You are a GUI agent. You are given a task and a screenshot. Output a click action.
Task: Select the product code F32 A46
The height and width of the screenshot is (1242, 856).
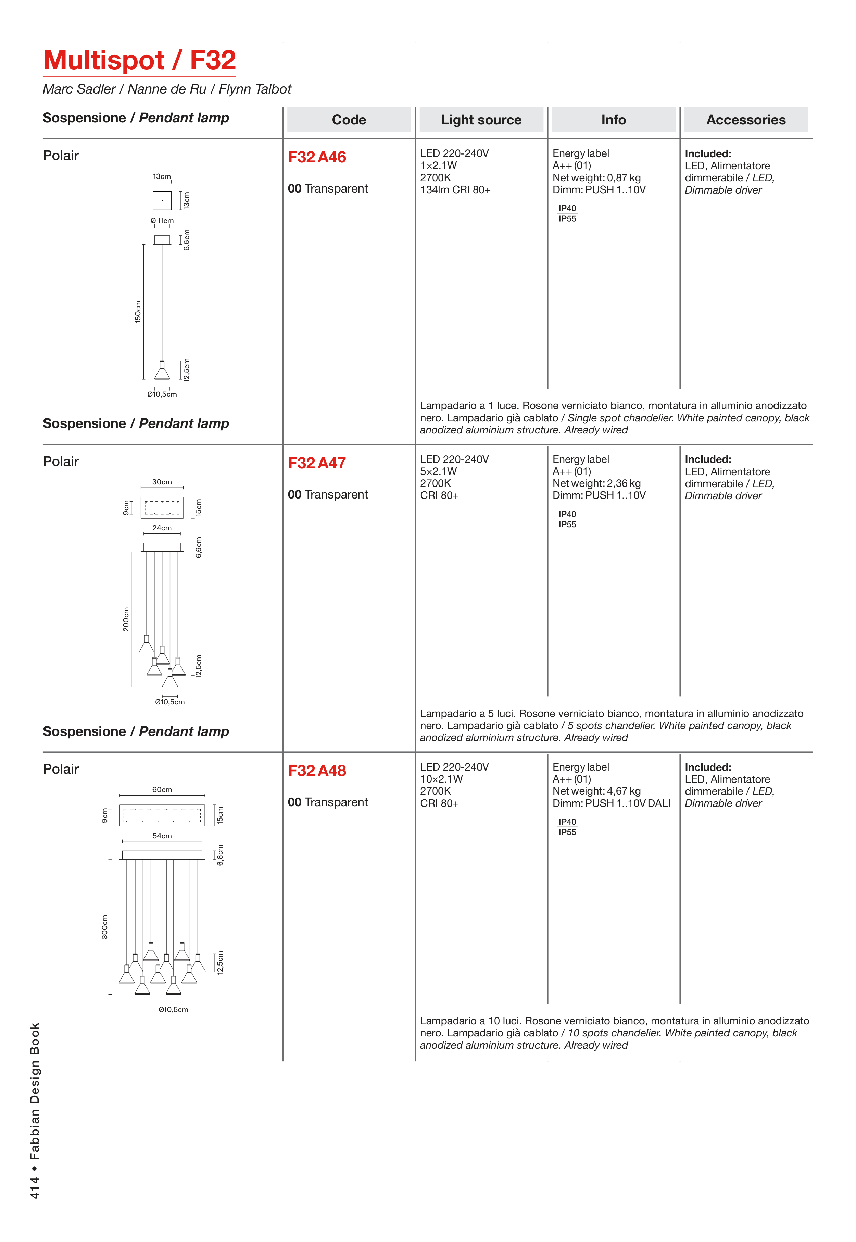pyautogui.click(x=317, y=157)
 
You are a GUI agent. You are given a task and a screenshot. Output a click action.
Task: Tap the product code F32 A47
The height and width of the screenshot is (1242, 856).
pyautogui.click(x=317, y=463)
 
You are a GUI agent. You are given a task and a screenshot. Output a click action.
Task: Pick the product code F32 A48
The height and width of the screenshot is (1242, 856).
pyautogui.click(x=317, y=771)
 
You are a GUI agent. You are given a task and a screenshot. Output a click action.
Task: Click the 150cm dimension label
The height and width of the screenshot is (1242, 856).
pyautogui.click(x=138, y=312)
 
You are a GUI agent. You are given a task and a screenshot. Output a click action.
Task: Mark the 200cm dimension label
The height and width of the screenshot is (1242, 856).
pyautogui.click(x=126, y=619)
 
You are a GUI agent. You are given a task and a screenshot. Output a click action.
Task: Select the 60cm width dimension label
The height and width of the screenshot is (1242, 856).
pyautogui.click(x=162, y=789)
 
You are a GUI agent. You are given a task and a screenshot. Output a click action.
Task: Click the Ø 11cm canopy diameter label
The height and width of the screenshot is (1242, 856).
pyautogui.click(x=162, y=221)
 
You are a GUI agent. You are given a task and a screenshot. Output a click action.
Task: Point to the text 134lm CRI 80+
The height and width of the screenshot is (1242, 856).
pyautogui.click(x=455, y=190)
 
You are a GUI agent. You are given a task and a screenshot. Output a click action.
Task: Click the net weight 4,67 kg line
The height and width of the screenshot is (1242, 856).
pyautogui.click(x=596, y=791)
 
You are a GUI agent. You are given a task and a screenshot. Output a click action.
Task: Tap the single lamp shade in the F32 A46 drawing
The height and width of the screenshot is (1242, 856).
pyautogui.click(x=162, y=371)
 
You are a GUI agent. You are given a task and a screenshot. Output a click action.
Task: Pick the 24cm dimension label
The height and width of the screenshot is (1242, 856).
pyautogui.click(x=162, y=528)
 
